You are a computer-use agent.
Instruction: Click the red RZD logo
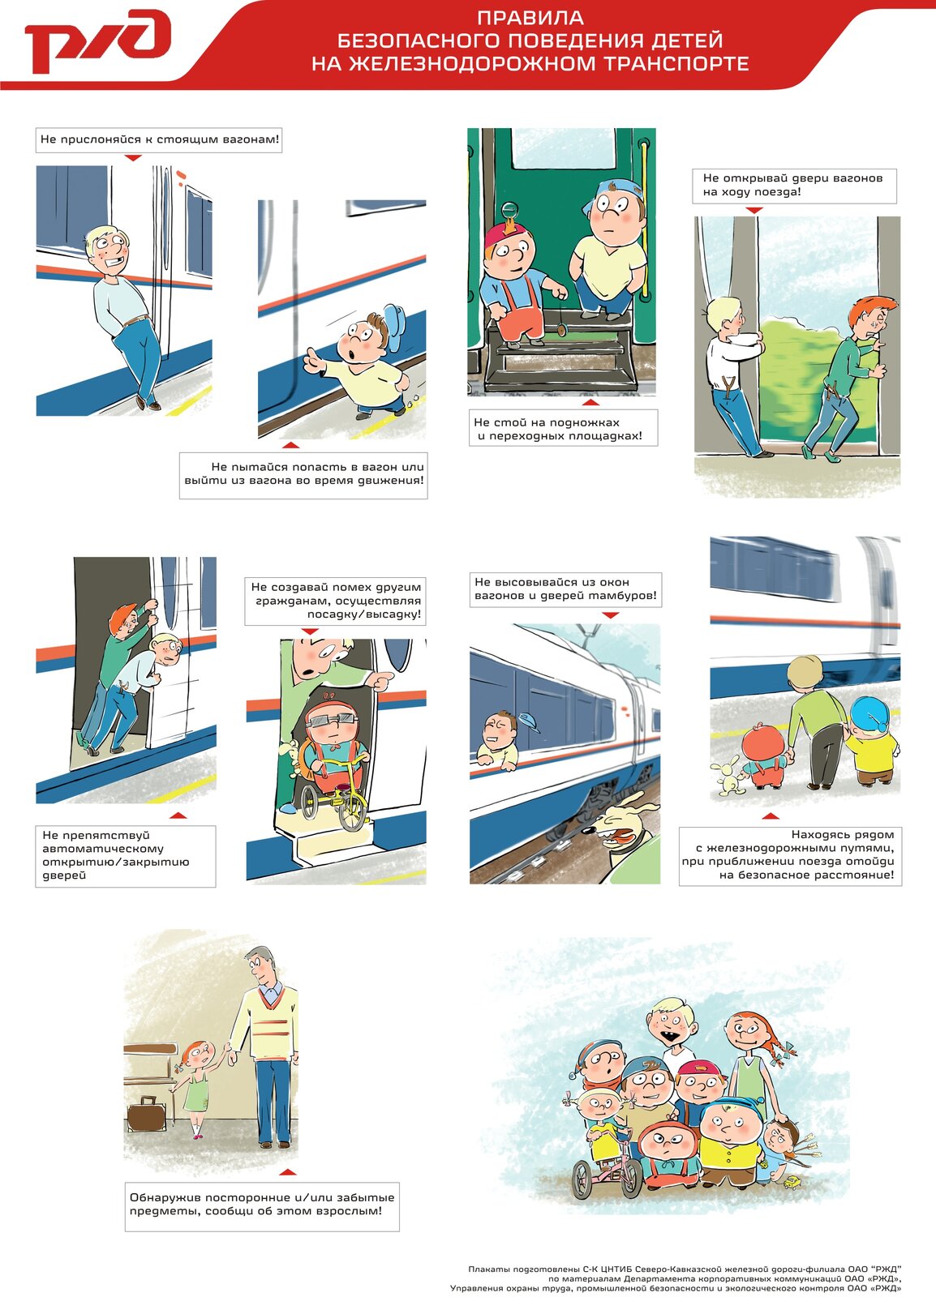[97, 41]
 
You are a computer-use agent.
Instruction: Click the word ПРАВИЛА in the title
[530, 18]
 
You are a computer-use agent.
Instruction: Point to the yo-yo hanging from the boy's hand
[560, 329]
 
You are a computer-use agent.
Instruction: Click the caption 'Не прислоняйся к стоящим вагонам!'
[159, 139]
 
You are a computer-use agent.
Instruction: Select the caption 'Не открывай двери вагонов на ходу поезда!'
[794, 186]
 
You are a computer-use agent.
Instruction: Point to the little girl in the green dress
[195, 1087]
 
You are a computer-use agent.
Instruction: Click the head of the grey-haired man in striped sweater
[260, 965]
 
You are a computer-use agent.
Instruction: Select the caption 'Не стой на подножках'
[547, 422]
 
